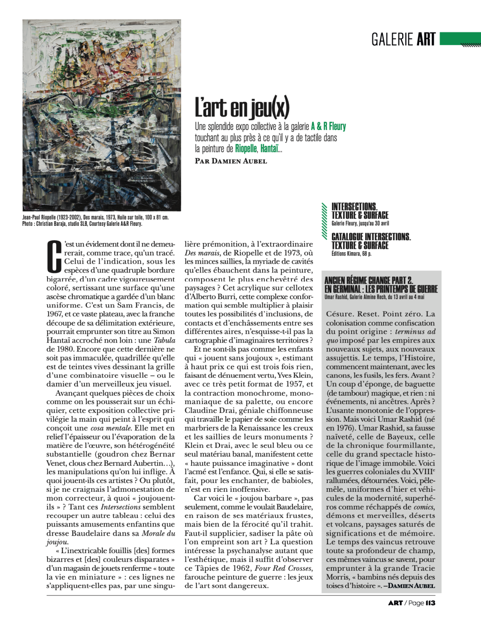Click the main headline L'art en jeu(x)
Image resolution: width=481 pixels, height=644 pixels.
coord(242,107)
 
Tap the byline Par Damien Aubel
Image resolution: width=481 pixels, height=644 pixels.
coord(231,161)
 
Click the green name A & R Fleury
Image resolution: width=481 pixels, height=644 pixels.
coord(328,126)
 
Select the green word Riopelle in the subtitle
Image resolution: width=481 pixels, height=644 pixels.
coord(246,149)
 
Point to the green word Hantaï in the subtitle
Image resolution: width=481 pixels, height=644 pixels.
coord(269,149)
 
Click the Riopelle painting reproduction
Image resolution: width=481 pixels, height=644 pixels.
coord(102,115)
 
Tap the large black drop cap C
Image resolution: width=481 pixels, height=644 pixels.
coord(54,256)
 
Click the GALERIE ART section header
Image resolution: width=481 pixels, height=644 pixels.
coord(403,39)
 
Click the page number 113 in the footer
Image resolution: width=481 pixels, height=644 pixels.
coord(430,603)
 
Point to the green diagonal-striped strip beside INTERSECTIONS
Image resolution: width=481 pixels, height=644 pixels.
coord(325,221)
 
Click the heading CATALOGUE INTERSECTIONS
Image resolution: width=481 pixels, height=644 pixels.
coord(371,237)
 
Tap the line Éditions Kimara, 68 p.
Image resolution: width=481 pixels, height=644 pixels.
coord(351,254)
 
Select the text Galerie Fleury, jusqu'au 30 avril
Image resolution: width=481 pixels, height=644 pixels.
coord(360,223)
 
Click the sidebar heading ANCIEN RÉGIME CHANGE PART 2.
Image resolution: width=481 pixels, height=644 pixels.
coord(368,280)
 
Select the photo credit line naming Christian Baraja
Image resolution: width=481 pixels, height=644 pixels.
coord(82,224)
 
